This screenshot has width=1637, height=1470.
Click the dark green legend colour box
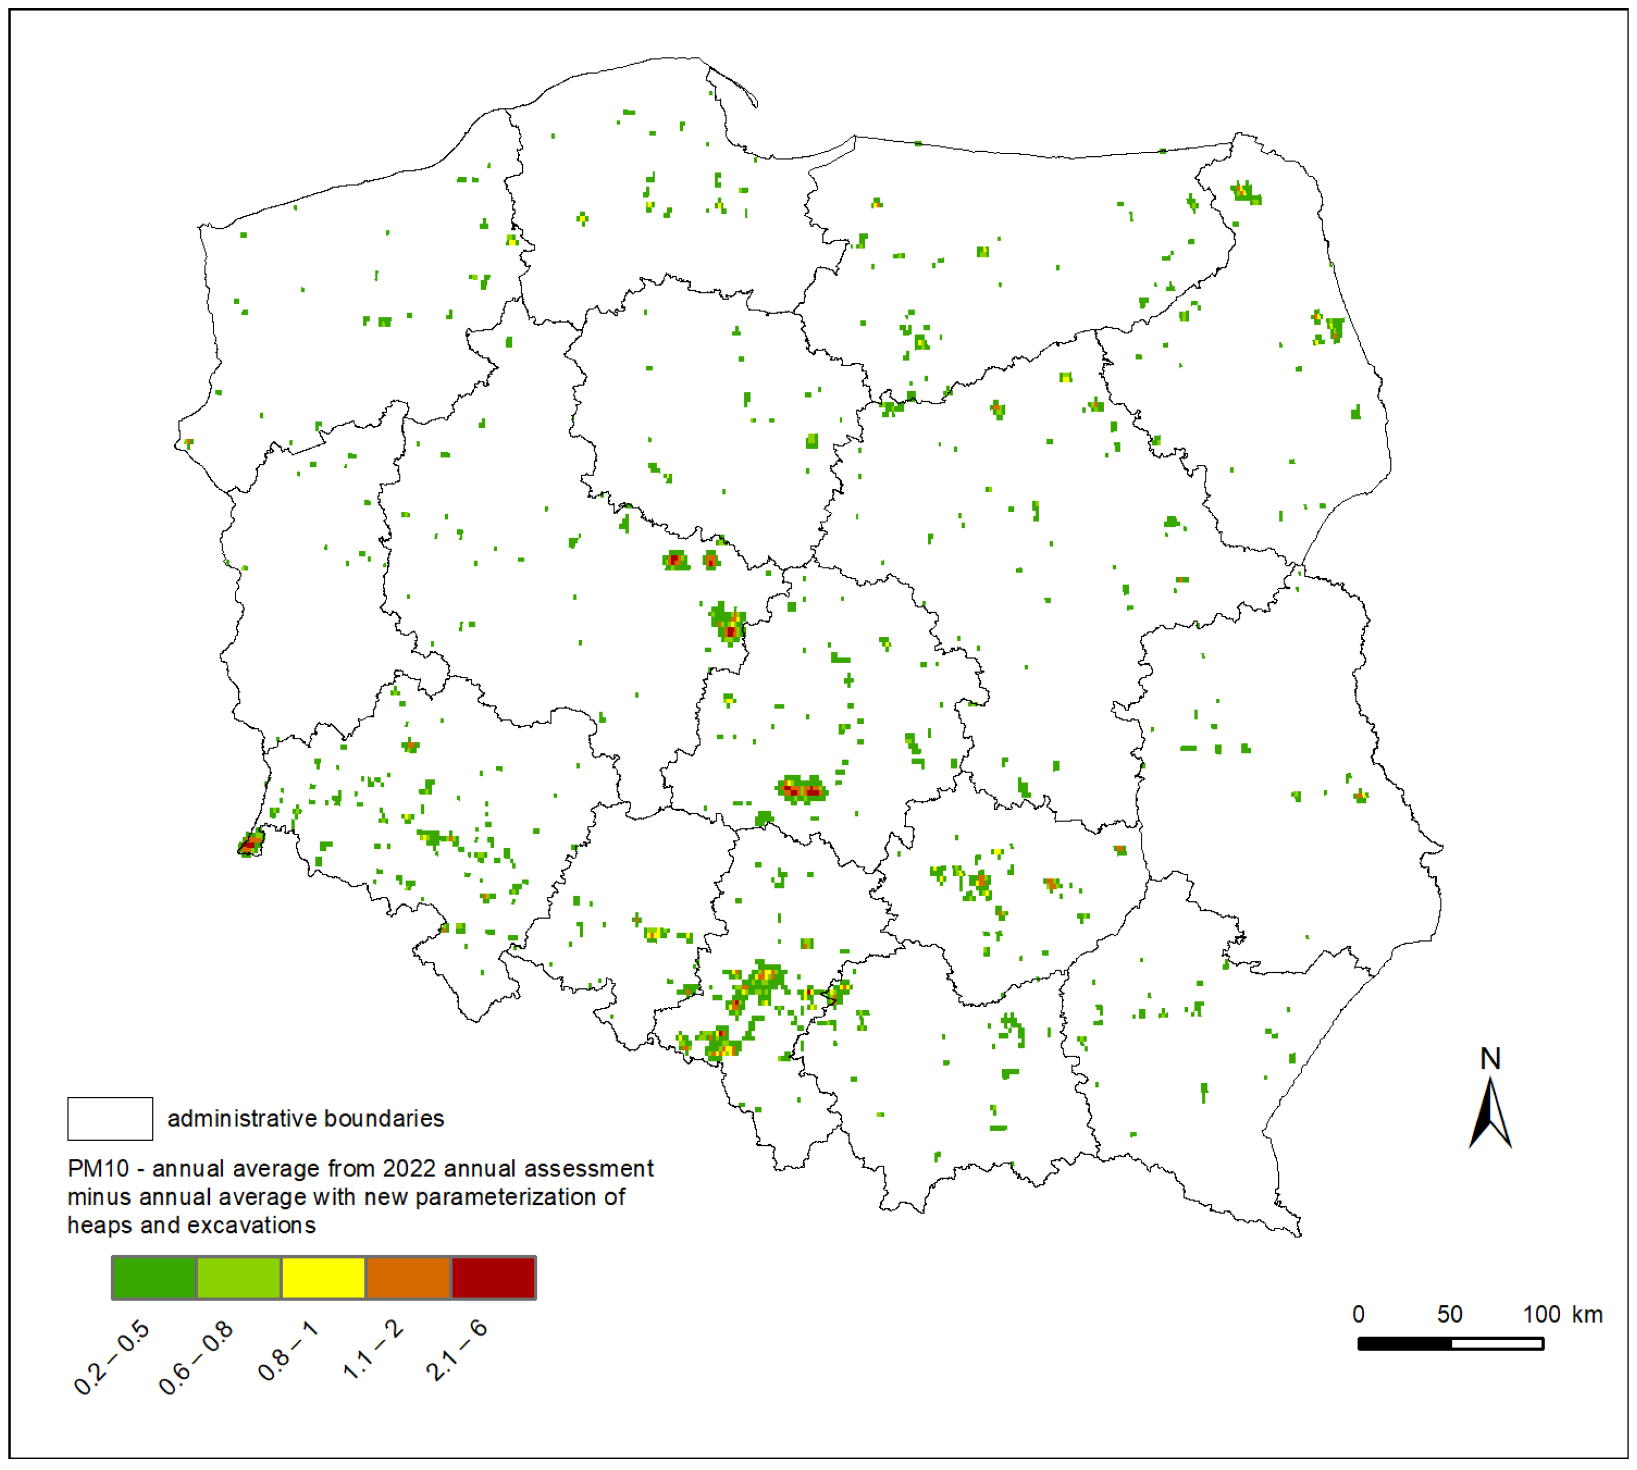tap(154, 1278)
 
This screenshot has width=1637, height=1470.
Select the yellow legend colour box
tap(323, 1278)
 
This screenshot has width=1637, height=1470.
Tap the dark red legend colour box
tap(493, 1278)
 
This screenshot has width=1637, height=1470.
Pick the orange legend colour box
tap(408, 1278)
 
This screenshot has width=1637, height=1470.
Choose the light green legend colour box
tap(239, 1278)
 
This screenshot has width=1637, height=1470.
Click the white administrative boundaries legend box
tap(110, 1118)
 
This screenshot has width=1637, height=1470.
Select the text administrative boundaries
tap(305, 1118)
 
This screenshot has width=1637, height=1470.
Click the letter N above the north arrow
tap(1490, 1059)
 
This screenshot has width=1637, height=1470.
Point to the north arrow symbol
tap(1490, 1114)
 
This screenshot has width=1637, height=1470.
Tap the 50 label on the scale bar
tap(1450, 1314)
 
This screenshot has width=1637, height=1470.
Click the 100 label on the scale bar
tap(1541, 1314)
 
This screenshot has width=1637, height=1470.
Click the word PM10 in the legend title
tap(98, 1169)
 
